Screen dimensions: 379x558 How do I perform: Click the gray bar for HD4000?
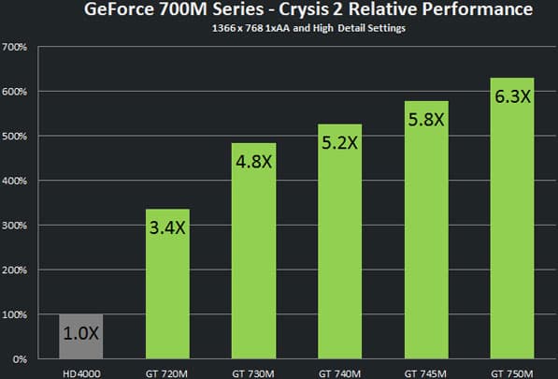coord(81,337)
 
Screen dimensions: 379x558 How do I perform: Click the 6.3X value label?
coord(511,96)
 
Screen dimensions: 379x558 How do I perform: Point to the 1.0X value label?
coord(81,331)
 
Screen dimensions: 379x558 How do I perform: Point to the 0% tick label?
coord(20,359)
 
